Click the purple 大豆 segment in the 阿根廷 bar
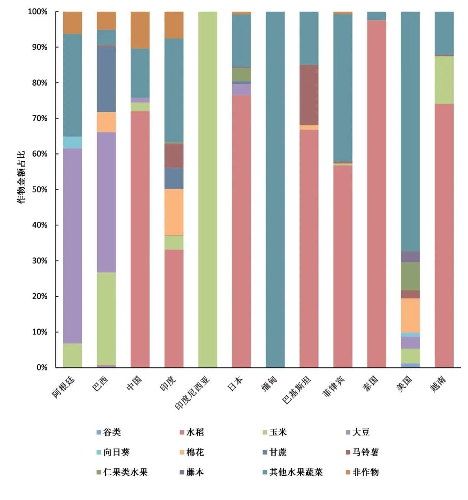pos(72,246)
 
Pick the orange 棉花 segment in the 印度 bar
pos(174,212)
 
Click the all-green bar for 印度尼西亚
pos(208,189)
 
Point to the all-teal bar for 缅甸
pos(275,189)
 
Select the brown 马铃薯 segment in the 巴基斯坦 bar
pos(309,94)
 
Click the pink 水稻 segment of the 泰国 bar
pos(377,194)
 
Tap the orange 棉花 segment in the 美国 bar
pos(410,315)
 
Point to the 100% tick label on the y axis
pos(37,12)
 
